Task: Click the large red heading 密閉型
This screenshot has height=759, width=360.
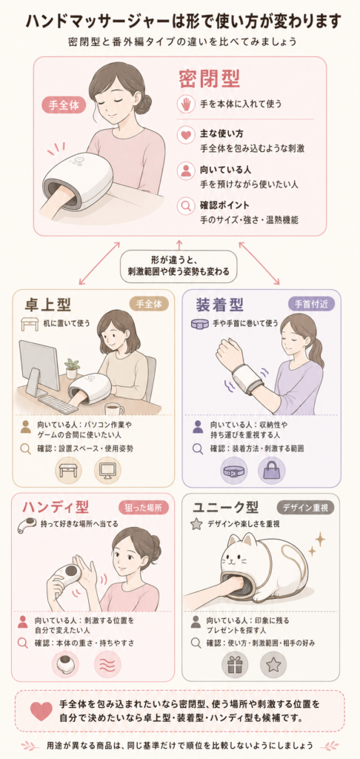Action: point(210,79)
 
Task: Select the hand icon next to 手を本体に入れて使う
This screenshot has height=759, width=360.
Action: point(186,103)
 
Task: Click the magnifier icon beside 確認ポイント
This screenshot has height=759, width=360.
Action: point(186,205)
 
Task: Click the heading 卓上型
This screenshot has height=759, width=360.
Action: point(48,305)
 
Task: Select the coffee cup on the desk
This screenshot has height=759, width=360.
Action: point(114,409)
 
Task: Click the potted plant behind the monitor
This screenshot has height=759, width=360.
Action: point(72,368)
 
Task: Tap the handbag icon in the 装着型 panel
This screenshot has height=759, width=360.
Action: point(271,471)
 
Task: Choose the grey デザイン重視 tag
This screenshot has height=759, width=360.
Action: point(305,507)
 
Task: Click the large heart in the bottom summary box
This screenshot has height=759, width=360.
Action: point(41,710)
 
